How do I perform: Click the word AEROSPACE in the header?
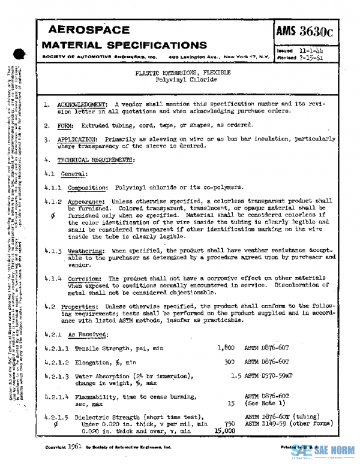(x=88, y=30)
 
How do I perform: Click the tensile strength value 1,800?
(x=226, y=348)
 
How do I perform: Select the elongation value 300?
(x=229, y=362)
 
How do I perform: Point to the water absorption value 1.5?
(x=235, y=376)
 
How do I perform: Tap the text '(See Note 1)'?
(x=263, y=403)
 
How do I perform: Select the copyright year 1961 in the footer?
(x=76, y=447)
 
